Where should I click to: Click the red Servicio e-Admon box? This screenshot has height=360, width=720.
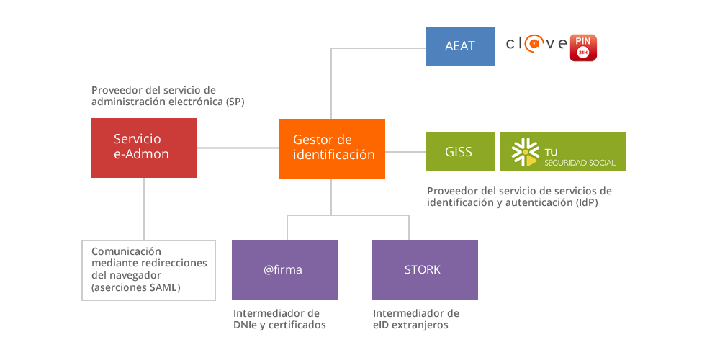(144, 148)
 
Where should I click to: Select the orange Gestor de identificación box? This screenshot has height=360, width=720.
(332, 148)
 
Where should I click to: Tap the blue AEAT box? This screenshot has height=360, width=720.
(460, 46)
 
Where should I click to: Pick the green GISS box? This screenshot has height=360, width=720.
(459, 152)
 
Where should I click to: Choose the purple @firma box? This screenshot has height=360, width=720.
(284, 270)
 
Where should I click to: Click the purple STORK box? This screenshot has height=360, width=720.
(424, 270)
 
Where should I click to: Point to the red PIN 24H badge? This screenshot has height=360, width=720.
(583, 47)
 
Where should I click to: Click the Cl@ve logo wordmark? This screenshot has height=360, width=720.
(536, 45)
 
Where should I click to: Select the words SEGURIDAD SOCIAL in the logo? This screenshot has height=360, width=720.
(580, 163)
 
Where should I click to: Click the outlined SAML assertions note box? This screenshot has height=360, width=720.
(148, 270)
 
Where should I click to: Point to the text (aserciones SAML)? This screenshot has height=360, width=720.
(136, 288)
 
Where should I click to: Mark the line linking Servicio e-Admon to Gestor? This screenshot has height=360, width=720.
(238, 148)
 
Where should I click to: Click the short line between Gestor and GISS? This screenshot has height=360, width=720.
(405, 152)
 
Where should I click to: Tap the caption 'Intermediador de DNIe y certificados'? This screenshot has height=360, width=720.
(279, 320)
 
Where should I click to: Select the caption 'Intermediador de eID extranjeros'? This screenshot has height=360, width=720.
(415, 320)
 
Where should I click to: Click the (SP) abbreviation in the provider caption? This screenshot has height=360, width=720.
(235, 102)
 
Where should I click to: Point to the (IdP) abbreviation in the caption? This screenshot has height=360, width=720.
(587, 203)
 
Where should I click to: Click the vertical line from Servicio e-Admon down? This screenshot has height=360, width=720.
(144, 209)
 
